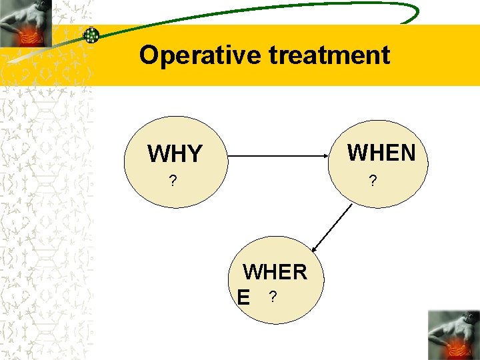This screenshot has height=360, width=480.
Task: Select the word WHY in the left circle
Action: (x=175, y=154)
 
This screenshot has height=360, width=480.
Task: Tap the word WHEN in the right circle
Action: (x=381, y=153)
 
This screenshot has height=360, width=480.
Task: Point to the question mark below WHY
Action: (x=173, y=181)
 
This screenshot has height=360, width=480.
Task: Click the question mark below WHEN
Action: (x=373, y=180)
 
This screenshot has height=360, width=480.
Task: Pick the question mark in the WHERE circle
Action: (x=271, y=296)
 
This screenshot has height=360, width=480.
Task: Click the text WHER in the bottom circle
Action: (x=275, y=272)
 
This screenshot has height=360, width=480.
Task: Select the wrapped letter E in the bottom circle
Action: (x=245, y=298)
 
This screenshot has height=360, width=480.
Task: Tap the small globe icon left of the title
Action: (x=91, y=35)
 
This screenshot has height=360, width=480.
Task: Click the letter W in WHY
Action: (x=159, y=154)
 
